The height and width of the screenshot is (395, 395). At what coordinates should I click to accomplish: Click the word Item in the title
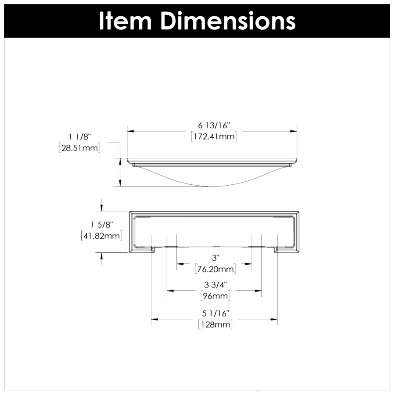pos(126,20)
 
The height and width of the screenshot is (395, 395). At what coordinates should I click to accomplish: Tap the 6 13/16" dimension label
pos(215,126)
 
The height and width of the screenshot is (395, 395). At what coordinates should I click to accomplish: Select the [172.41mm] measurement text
pos(214,136)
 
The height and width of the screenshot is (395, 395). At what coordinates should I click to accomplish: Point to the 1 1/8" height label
pos(79,137)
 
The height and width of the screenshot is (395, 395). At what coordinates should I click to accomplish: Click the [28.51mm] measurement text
pos(79,148)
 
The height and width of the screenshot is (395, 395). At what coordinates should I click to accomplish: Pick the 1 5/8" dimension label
pos(101,225)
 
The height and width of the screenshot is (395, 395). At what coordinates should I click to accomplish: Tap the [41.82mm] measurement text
pos(101,236)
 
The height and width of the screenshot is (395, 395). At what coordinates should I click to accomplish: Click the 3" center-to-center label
pos(215,257)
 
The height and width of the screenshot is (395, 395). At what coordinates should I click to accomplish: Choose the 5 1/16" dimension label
pos(215,313)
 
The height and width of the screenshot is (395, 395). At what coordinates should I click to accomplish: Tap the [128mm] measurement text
pos(215,325)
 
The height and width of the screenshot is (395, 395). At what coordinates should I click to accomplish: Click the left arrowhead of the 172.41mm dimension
pos(130,131)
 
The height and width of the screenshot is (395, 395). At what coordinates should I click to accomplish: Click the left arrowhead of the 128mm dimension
pos(154,319)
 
